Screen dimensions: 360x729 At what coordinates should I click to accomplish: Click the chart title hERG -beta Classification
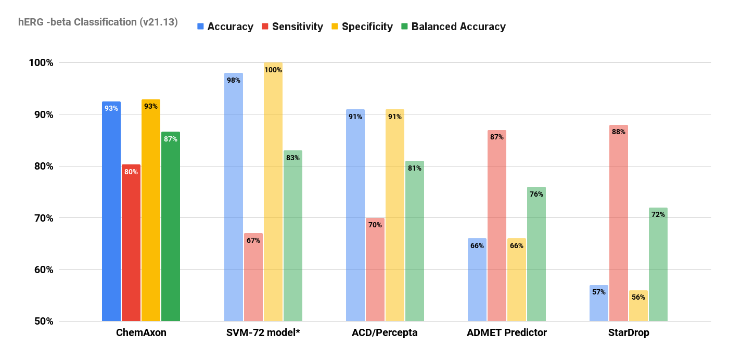98,22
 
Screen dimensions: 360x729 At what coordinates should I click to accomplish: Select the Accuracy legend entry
225,27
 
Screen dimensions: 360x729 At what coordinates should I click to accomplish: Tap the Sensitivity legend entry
292,27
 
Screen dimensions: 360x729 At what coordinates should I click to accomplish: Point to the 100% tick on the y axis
41,63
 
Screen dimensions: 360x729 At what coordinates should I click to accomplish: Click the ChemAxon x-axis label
141,333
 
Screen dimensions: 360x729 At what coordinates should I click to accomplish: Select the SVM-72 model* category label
263,333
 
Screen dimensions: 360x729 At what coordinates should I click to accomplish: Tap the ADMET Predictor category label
507,333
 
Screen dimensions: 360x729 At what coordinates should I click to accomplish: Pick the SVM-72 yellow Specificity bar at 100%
273,192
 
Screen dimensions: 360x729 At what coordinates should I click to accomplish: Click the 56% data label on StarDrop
638,298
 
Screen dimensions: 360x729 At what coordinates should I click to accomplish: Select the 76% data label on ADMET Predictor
536,195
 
